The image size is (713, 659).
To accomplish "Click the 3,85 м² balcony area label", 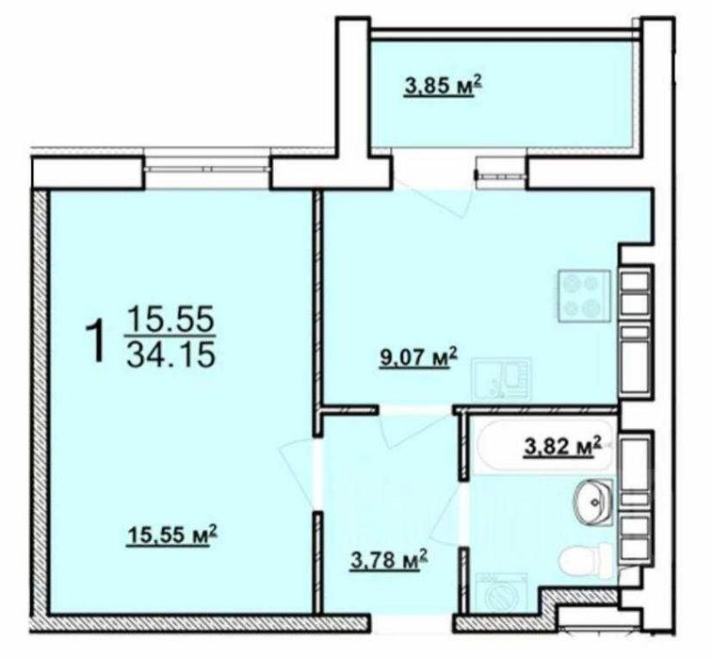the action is point(443,87).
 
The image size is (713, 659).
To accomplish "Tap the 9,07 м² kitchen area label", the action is point(418,358).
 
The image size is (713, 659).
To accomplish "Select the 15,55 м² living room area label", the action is point(172,535).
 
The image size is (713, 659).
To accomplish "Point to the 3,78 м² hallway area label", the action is point(390,560).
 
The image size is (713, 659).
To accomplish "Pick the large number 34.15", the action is point(170,355).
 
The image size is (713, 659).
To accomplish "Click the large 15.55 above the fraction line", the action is point(170,319).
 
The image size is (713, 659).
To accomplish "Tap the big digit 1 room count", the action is point(97,341).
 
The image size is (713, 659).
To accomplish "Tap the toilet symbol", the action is point(586,561).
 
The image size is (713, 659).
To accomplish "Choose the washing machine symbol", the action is point(501,593).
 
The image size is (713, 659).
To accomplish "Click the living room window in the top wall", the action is point(208,169).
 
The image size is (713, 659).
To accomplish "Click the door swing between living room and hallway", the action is point(298,473).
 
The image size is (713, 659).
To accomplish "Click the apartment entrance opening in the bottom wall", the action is point(411,623).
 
